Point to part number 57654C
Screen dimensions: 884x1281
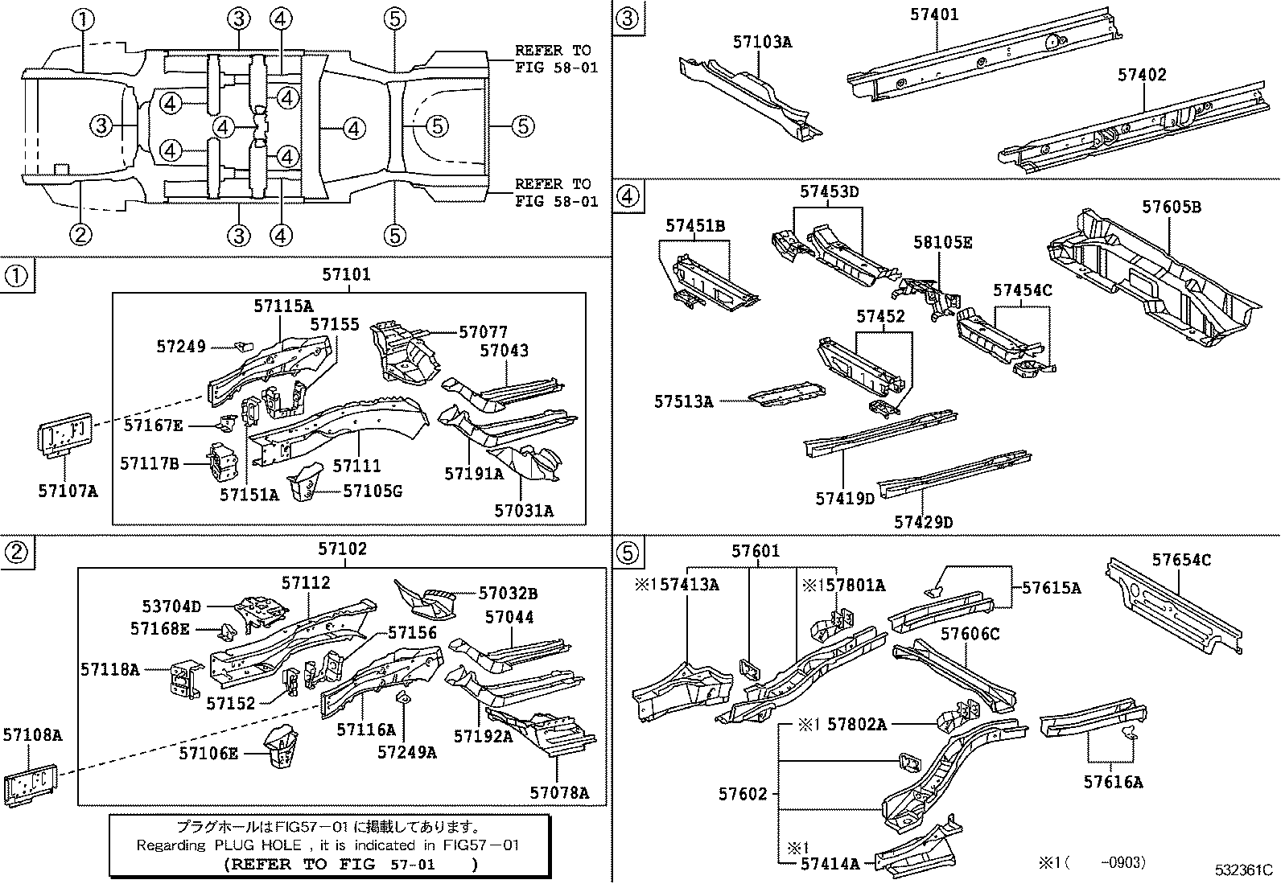pyautogui.click(x=1180, y=560)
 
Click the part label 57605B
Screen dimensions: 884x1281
pyautogui.click(x=1171, y=207)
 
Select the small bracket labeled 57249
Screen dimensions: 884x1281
pyautogui.click(x=239, y=347)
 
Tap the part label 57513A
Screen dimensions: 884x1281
pyautogui.click(x=683, y=401)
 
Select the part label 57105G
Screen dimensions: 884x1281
pyautogui.click(x=372, y=491)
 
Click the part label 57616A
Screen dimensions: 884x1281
pyautogui.click(x=1112, y=781)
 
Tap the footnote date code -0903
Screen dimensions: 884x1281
pyautogui.click(x=1123, y=862)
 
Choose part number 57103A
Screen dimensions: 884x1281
pyautogui.click(x=761, y=42)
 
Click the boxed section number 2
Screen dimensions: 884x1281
pyautogui.click(x=18, y=551)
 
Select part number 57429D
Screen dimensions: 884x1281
pyautogui.click(x=923, y=523)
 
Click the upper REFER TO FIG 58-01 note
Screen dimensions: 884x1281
pyautogui.click(x=556, y=59)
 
